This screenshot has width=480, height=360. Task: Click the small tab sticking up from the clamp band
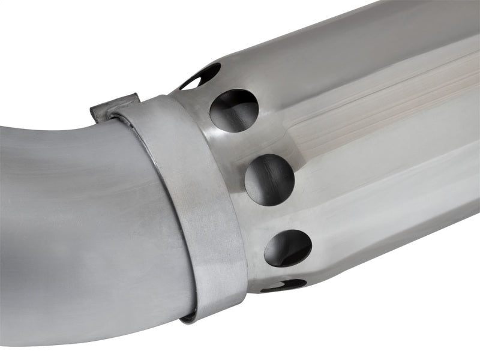pos(114,107)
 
